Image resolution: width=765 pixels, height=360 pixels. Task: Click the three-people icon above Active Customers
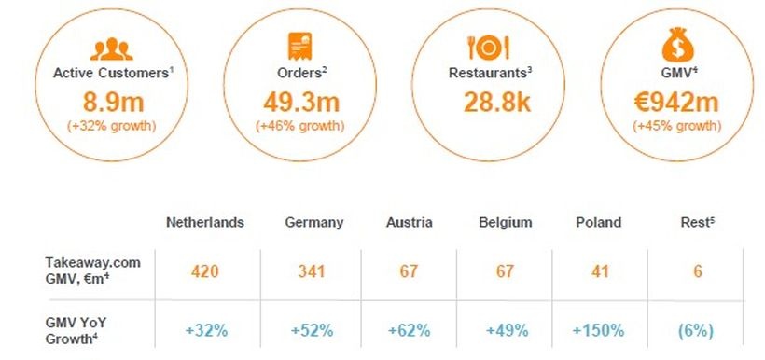point(111,47)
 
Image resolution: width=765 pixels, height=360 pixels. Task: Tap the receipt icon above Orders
point(299,45)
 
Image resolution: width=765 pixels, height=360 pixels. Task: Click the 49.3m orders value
point(299,100)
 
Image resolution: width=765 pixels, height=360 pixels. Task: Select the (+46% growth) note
point(299,125)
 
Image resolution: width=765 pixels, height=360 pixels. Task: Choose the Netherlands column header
point(205,222)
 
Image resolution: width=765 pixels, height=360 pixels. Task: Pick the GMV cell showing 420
point(205,272)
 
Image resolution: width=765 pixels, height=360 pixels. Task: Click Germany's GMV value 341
point(313,272)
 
